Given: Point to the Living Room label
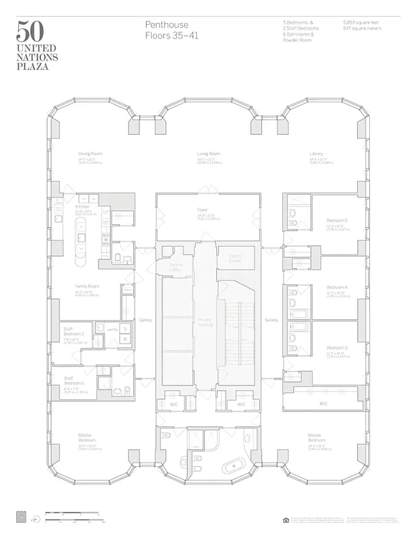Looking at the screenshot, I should pos(209,154).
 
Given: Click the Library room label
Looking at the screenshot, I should pos(317,154).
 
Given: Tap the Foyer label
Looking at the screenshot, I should pos(201,210).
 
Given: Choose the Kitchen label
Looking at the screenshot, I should pos(82,206).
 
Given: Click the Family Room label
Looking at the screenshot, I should pos(87,286).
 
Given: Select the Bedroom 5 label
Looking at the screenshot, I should pos(337,220).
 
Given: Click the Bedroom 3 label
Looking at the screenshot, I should pos(337,347).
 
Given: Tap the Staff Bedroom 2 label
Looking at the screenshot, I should pos(74,331).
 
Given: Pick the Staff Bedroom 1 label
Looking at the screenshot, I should pos(72,381).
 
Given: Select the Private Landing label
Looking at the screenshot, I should pos(205,321).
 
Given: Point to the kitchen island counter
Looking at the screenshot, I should pos(80,240).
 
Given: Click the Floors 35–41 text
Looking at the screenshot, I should pos(172,35).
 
